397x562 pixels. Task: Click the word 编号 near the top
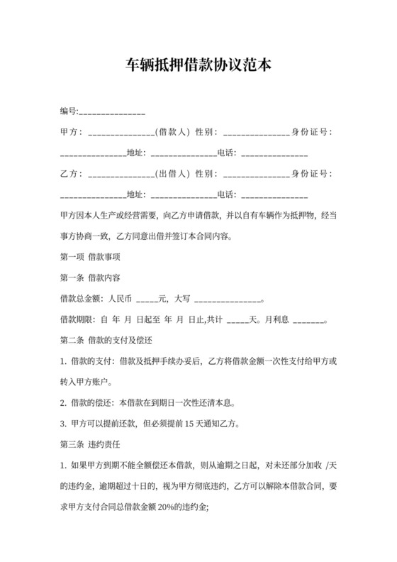(67, 111)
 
